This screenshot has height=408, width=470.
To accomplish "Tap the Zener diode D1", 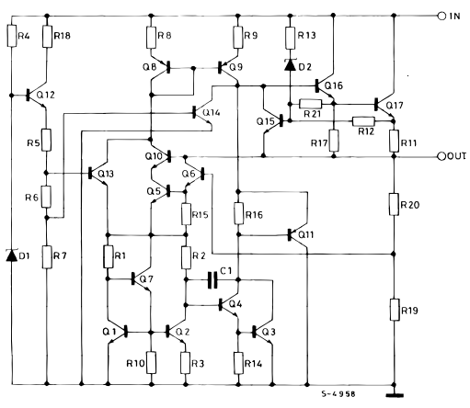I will (13, 255).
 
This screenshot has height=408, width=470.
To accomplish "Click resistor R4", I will (13, 36).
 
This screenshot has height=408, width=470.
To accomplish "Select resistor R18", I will (46, 36).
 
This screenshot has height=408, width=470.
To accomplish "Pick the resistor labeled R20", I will (394, 206).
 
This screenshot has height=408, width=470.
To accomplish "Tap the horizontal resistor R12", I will (363, 121).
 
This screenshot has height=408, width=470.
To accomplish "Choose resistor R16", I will (238, 215).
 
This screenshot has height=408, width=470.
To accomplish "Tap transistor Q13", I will (99, 173).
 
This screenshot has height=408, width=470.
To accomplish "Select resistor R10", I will (151, 360).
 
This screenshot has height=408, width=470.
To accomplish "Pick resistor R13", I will (290, 37).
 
